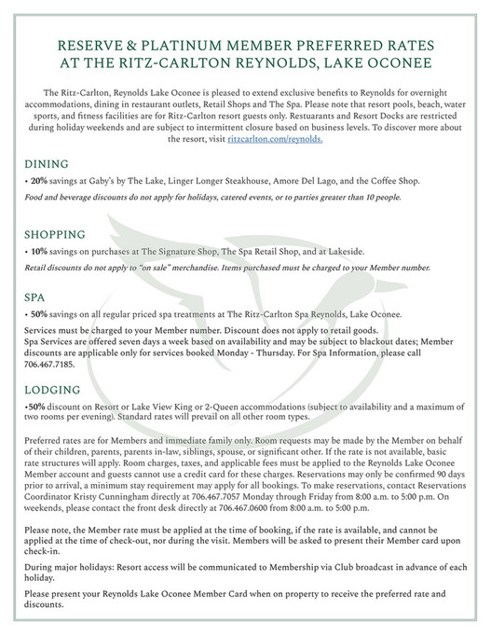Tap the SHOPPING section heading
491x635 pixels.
point(55,234)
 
